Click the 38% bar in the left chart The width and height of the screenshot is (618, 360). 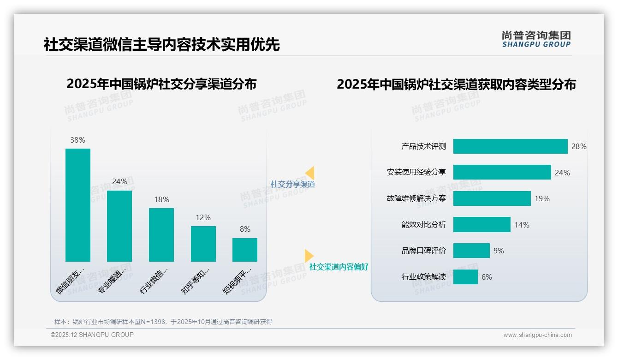pos(78,205)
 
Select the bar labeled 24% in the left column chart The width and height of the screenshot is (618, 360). pos(119,226)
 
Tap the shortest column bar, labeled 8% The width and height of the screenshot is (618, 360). pos(245,250)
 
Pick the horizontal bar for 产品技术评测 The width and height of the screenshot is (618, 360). pos(510,146)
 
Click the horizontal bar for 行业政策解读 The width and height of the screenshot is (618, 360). pos(465,277)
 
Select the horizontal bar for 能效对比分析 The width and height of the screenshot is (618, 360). pos(481,225)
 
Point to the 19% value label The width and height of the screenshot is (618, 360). pos(542,199)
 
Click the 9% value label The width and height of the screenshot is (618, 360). pos(499,251)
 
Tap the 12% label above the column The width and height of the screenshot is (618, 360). pos(203,217)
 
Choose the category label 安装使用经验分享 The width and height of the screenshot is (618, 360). pos(416,173)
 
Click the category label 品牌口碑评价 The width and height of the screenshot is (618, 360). pos(423,251)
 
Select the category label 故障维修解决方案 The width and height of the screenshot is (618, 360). pos(416,199)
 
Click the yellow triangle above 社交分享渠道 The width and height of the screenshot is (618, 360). pos(310,173)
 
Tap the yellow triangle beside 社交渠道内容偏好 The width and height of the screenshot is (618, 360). pos(309,256)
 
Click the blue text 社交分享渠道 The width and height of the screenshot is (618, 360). pos(292,184)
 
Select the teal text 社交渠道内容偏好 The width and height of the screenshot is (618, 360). pos(339,267)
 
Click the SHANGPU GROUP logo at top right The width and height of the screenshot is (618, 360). pos(536,39)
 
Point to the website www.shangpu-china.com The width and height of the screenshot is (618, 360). pos(537,335)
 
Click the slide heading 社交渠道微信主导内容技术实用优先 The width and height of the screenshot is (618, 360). pos(161,45)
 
